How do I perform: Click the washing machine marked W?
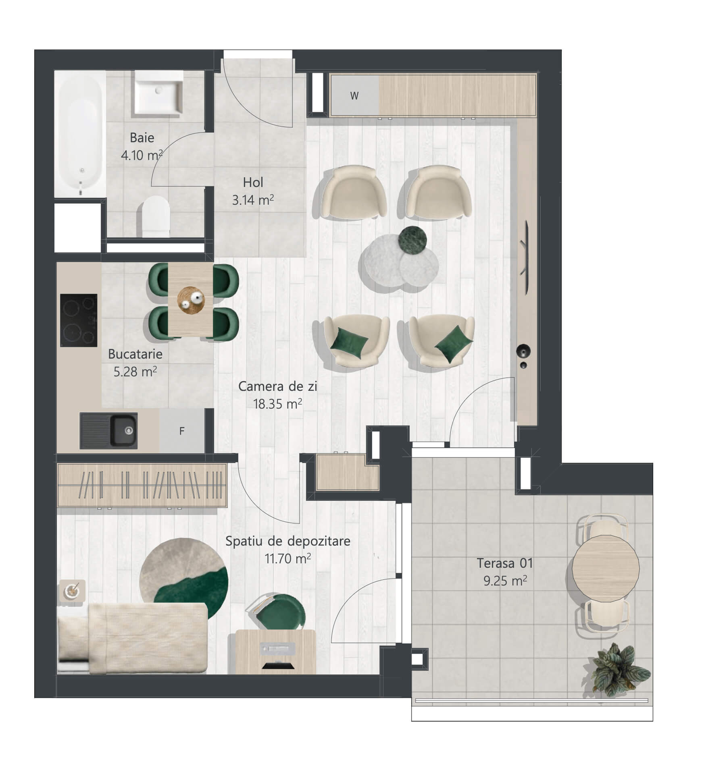[354, 95]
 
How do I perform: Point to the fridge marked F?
[182, 431]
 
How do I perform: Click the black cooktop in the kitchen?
[79, 320]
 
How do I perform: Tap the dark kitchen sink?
[108, 431]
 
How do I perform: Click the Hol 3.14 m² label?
[253, 191]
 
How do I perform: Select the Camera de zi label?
[278, 386]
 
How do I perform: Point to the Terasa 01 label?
[505, 563]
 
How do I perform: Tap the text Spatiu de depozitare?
[288, 541]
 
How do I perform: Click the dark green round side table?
[412, 241]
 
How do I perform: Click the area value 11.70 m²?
[287, 558]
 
